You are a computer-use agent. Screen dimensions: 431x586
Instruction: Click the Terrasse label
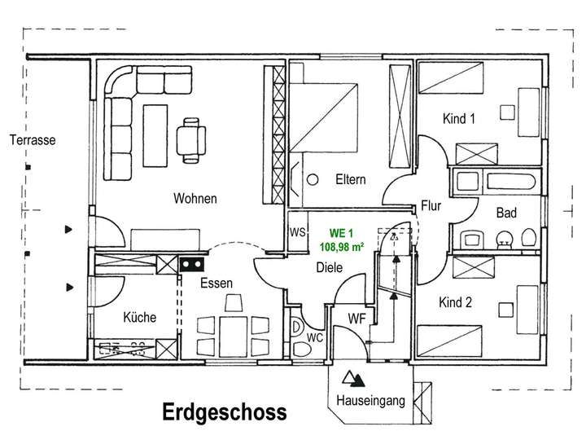coord(33,140)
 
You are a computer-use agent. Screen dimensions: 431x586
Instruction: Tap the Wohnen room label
coord(195,198)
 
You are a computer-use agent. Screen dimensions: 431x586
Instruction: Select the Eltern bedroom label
coord(350,179)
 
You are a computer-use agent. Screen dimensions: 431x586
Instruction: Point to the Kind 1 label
coord(458,119)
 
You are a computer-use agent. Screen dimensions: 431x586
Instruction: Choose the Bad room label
coord(508,213)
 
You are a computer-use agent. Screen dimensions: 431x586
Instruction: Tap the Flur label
coord(431,206)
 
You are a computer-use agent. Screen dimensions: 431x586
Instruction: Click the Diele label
coord(330,267)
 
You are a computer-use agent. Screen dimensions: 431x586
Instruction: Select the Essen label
coord(216,284)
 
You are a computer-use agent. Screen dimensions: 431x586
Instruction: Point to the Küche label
coord(139,318)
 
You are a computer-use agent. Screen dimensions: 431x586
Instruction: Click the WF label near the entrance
coord(356,317)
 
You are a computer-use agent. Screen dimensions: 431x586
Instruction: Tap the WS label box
coord(298,232)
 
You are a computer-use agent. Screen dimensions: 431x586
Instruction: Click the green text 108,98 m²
coord(342,246)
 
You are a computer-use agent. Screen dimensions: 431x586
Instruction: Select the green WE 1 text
coord(342,233)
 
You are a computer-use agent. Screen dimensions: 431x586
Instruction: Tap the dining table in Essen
coord(233,331)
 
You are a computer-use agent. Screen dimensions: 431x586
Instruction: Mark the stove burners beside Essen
coord(192,264)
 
